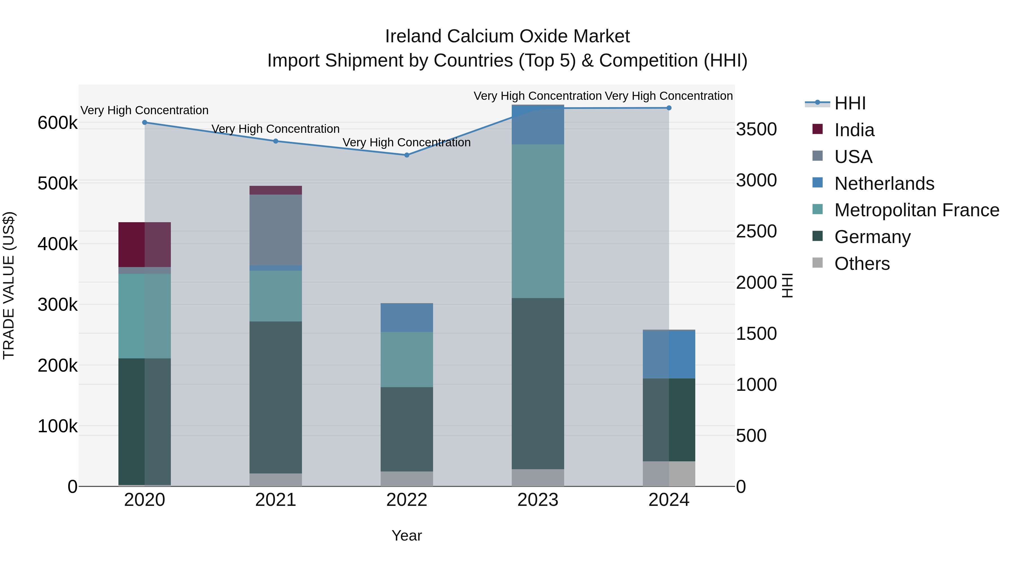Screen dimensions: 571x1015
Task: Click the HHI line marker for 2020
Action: coord(145,123)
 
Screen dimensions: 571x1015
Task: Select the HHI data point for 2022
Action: coord(407,155)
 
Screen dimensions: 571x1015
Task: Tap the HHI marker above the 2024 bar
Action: coord(669,108)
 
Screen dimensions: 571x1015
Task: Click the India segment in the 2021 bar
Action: coord(275,190)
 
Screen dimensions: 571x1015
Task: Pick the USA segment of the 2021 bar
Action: coord(275,230)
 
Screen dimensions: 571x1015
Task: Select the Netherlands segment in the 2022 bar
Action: coord(407,318)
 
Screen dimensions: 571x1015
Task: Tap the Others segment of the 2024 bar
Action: coord(669,474)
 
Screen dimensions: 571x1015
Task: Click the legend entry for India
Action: coord(854,130)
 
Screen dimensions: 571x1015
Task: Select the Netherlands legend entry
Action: coord(884,184)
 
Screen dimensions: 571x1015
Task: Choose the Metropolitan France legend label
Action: coord(917,210)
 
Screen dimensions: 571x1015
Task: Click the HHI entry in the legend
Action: coord(850,103)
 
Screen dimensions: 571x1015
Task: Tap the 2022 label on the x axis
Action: coord(407,500)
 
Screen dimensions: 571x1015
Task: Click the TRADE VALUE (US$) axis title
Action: coord(9,285)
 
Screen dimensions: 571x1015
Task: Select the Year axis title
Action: coord(407,535)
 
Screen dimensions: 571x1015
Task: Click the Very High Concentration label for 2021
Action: coord(275,129)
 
